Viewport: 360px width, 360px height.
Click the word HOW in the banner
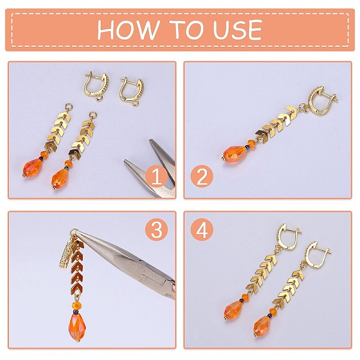[x=128, y=29]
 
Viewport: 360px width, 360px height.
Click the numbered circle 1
[x=157, y=176]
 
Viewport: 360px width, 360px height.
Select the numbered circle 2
[x=202, y=176]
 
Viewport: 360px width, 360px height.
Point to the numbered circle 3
[x=157, y=230]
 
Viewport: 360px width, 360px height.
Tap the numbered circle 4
[x=202, y=230]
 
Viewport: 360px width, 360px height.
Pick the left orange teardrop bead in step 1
[x=32, y=167]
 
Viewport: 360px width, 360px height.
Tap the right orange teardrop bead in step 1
[x=60, y=179]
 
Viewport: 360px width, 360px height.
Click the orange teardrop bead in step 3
[x=77, y=326]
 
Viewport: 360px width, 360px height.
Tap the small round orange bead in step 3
[x=76, y=305]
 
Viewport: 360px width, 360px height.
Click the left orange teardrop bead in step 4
[x=233, y=310]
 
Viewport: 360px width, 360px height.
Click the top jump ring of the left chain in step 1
[x=68, y=107]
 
